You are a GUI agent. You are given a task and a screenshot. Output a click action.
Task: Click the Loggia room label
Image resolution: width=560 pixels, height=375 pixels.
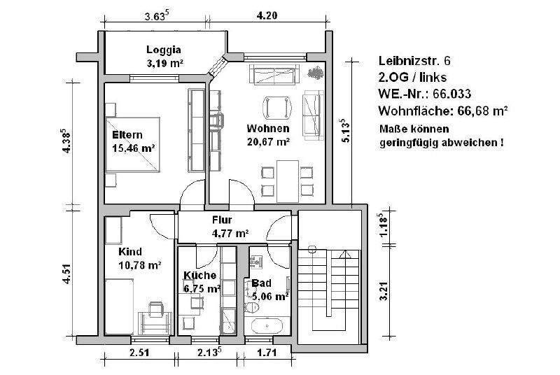[164, 50]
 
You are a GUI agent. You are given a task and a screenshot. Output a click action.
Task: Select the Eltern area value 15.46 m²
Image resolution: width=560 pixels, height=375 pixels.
[133, 148]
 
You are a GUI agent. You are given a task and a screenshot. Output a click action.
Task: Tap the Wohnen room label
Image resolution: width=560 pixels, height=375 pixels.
[267, 129]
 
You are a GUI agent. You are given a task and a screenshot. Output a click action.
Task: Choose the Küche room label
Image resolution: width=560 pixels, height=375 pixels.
[200, 275]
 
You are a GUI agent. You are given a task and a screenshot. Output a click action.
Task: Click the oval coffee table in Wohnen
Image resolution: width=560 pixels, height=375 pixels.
[275, 107]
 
